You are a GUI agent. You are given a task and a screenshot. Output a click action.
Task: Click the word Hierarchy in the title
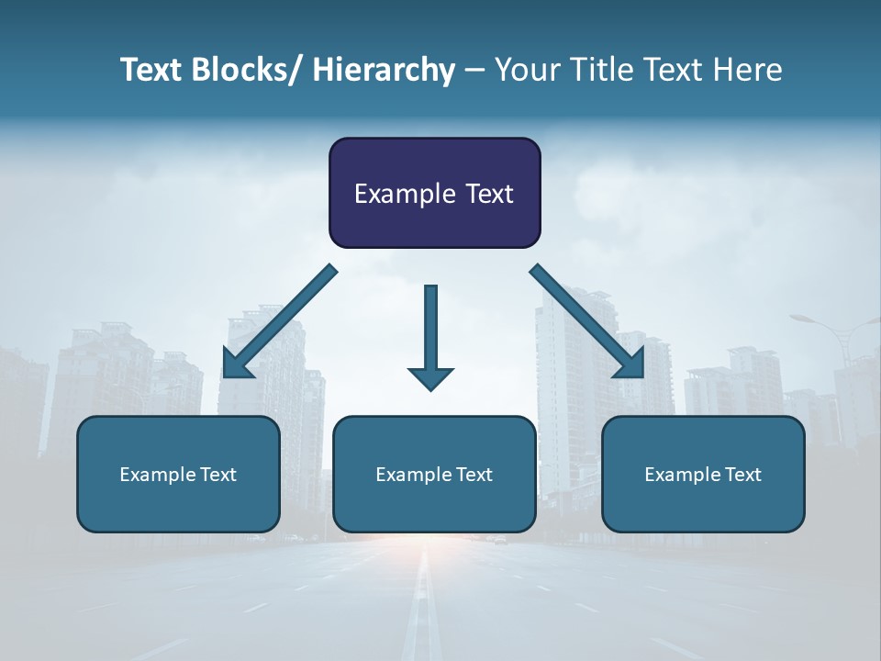coord(384,70)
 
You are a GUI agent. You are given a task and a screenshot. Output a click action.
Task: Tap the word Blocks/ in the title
coord(240,70)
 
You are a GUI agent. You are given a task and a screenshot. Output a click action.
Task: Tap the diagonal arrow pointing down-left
coord(280,321)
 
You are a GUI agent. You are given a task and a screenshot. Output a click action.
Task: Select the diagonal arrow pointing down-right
coord(587,321)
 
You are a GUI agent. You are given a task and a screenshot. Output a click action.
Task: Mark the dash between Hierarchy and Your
coord(474,71)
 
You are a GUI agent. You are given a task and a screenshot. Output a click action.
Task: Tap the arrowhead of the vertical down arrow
coord(430,377)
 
